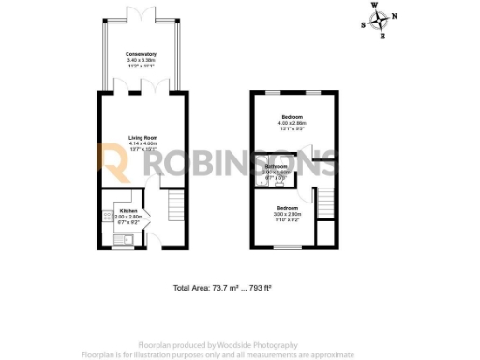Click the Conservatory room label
click(141, 55)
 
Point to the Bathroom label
click(277, 167)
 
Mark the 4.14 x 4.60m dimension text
click(142, 143)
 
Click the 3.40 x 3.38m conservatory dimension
click(141, 61)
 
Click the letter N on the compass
click(394, 16)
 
